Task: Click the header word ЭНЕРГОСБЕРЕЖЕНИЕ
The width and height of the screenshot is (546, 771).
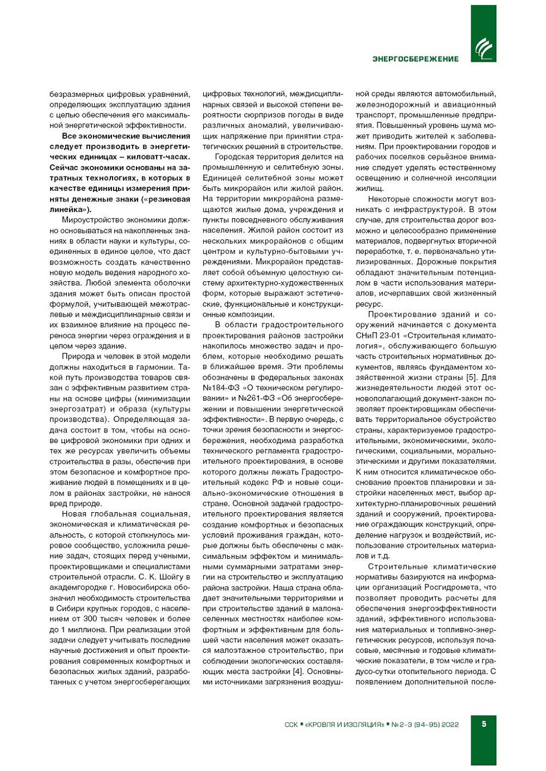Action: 415,58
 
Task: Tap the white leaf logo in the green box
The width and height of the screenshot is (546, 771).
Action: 483,50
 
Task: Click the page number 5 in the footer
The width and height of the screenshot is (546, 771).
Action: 484,724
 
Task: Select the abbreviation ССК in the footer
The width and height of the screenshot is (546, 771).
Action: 291,724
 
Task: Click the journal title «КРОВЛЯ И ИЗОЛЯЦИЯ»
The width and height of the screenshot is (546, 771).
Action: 345,724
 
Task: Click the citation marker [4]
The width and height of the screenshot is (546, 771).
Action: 299,671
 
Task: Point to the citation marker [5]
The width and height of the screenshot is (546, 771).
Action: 471,377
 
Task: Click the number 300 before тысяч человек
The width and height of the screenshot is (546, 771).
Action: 90,619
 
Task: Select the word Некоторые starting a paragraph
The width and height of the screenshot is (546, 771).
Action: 388,199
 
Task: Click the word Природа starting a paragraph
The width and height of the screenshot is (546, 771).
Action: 78,357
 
